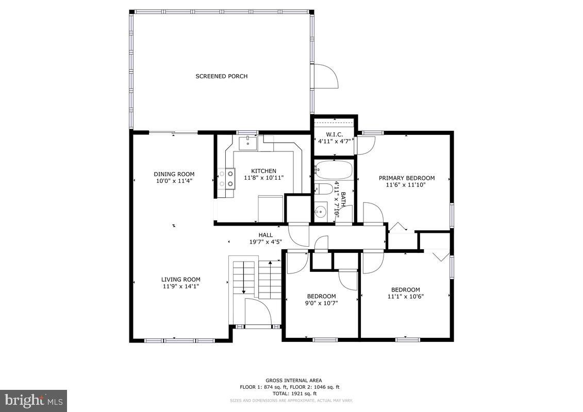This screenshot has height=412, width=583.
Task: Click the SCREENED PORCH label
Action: click(x=221, y=76)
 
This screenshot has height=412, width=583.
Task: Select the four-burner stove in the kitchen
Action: click(x=226, y=179)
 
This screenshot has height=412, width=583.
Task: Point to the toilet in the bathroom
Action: click(x=323, y=189)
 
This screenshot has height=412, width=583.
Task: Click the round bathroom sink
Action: click(x=321, y=211)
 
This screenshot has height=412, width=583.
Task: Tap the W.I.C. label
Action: click(x=335, y=134)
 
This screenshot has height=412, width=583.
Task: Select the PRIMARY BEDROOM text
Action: click(x=406, y=178)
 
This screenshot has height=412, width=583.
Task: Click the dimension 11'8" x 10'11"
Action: click(x=263, y=178)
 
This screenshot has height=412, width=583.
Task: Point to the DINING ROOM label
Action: click(x=174, y=174)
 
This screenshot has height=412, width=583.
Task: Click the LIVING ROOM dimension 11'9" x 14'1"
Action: click(x=180, y=286)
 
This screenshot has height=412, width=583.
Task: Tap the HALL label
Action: click(x=265, y=235)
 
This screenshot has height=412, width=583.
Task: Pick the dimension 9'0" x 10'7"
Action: click(x=321, y=303)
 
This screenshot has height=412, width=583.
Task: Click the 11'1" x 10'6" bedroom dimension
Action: click(x=405, y=296)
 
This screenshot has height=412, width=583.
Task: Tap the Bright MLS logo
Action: click(x=34, y=401)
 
